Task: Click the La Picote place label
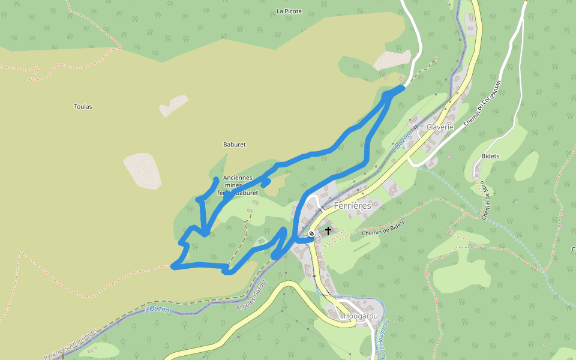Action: (289, 11)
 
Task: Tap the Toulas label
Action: (83, 106)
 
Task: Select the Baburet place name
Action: (235, 145)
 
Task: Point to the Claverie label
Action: (440, 127)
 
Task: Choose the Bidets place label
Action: (490, 156)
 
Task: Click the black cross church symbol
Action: (328, 230)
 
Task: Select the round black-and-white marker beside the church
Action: (311, 233)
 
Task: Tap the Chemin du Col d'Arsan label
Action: (482, 106)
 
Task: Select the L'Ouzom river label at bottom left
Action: (158, 310)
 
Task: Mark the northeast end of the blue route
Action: (402, 88)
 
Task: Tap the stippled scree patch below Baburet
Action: (143, 170)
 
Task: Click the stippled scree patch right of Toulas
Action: (173, 105)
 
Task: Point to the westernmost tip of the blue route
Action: (173, 266)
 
